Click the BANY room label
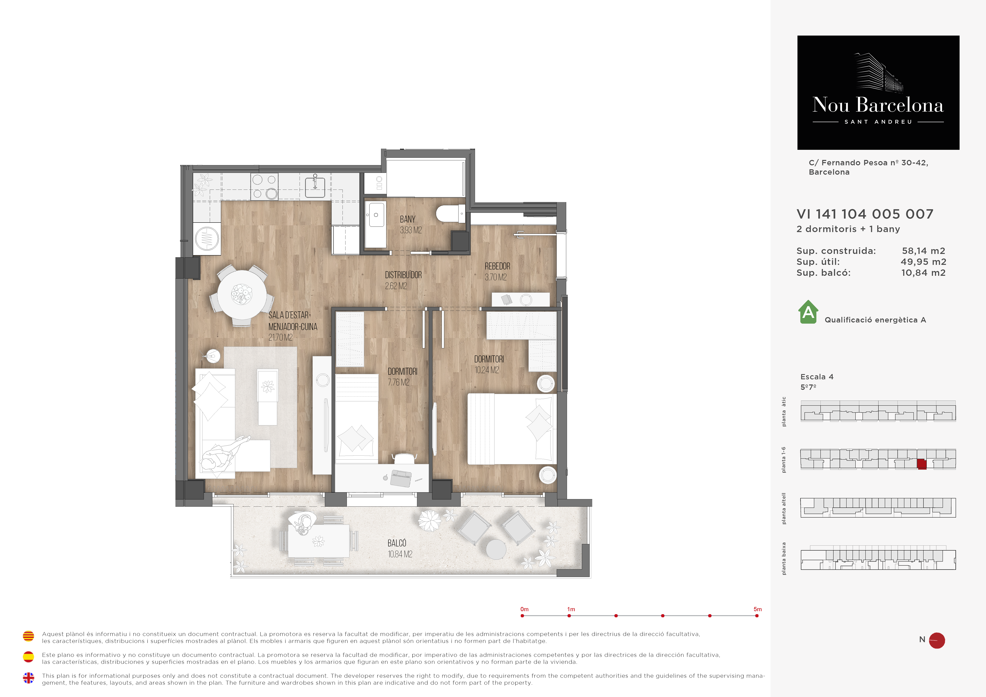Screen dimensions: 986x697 407,219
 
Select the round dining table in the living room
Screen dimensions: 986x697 242,295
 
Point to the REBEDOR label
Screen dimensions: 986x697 497,266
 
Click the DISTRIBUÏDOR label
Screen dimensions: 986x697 403,275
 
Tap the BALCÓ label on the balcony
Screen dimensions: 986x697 397,543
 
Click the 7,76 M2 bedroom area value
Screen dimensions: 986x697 399,382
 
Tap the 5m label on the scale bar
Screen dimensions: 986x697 758,609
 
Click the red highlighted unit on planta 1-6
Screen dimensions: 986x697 922,464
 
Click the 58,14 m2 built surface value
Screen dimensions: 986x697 923,251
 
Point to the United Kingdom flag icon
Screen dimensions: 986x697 28,678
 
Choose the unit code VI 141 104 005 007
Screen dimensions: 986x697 865,214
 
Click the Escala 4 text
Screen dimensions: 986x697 817,377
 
